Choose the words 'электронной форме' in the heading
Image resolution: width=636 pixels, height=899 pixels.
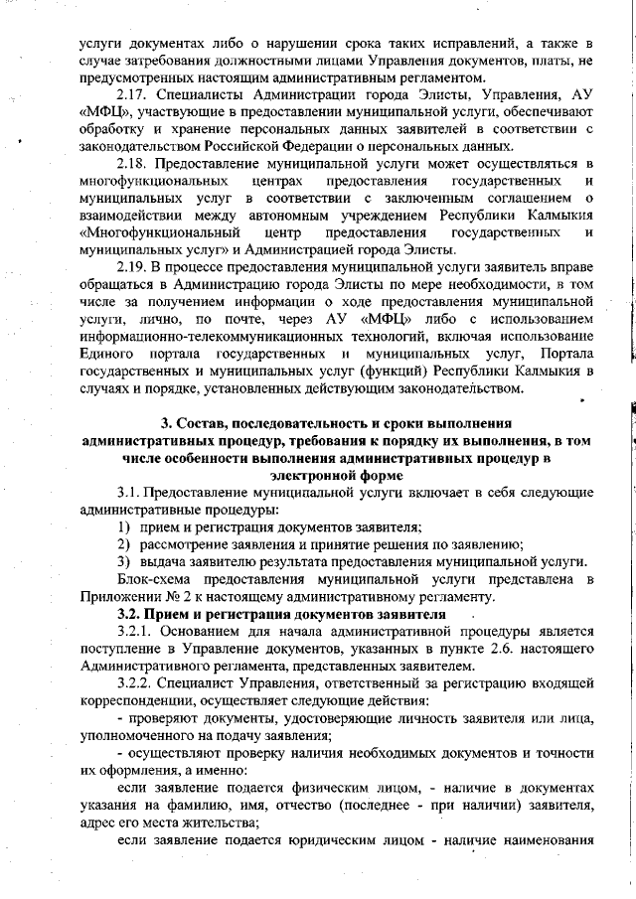[340, 475]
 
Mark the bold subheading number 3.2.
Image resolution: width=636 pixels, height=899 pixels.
[132, 614]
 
